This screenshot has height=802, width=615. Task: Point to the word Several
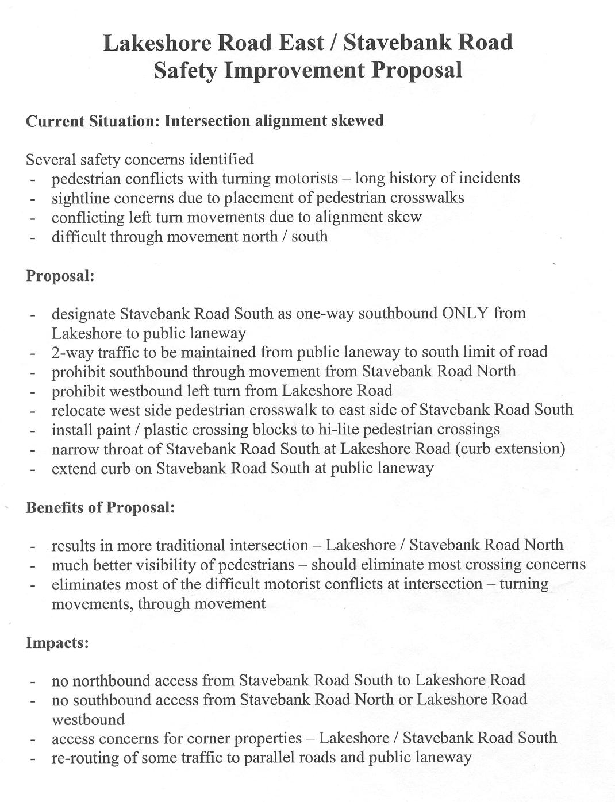(51, 159)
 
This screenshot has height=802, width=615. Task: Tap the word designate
(83, 314)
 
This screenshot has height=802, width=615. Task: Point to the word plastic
(167, 430)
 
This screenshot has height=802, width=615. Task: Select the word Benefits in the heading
(55, 508)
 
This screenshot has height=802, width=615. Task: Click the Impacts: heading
(57, 642)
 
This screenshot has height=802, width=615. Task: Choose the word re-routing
(85, 758)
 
